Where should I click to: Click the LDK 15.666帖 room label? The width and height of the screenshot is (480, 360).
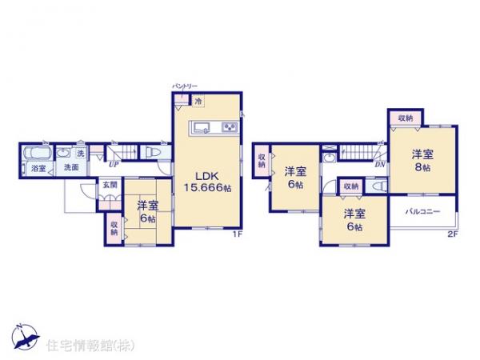pyautogui.click(x=204, y=181)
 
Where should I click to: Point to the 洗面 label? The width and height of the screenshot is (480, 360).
pyautogui.click(x=70, y=168)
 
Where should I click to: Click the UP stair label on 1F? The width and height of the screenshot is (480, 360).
pyautogui.click(x=113, y=165)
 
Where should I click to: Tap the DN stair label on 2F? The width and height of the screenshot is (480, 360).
pyautogui.click(x=378, y=164)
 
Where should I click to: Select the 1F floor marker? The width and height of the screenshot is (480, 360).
pyautogui.click(x=237, y=234)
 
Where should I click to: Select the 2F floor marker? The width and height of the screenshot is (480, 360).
pyautogui.click(x=453, y=234)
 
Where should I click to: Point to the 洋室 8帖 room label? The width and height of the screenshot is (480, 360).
pyautogui.click(x=422, y=162)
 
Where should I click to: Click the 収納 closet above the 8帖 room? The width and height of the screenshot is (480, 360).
pyautogui.click(x=406, y=118)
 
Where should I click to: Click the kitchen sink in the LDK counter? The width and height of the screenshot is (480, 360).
pyautogui.click(x=202, y=126)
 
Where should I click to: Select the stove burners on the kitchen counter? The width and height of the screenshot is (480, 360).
pyautogui.click(x=228, y=126)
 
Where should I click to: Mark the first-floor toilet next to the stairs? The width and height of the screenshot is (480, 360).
pyautogui.click(x=152, y=152)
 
